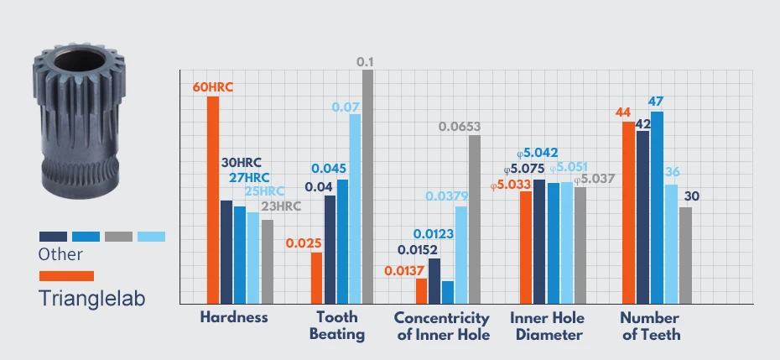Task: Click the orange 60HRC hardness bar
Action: [x=213, y=200]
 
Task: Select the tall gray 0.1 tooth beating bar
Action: [x=367, y=186]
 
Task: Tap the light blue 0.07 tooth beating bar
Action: [x=355, y=209]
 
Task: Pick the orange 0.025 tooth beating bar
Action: [x=316, y=278]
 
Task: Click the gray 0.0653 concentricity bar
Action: [x=475, y=219]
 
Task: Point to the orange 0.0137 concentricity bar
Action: [x=421, y=291]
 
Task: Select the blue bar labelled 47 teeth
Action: [x=658, y=207]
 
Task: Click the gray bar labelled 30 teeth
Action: [x=685, y=255]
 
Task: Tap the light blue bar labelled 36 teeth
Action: [x=672, y=244]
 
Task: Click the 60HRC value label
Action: [x=212, y=88]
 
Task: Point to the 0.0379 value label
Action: [x=446, y=196]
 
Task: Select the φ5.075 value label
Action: [x=524, y=169]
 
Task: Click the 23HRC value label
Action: [x=281, y=206]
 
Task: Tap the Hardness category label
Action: [x=234, y=317]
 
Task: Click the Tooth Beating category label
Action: [x=337, y=326]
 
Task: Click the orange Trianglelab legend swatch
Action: [x=66, y=276]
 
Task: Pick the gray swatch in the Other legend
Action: [x=118, y=237]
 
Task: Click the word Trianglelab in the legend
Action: [x=92, y=298]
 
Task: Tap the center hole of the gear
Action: [x=80, y=60]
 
